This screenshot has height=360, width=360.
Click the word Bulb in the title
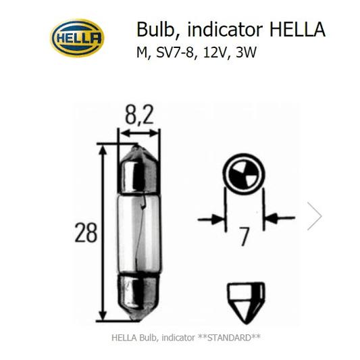152,30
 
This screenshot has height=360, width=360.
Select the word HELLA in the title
297,30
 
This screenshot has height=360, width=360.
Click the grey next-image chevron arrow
314,217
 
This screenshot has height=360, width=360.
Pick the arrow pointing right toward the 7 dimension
213,219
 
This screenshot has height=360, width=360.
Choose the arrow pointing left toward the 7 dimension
277,219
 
